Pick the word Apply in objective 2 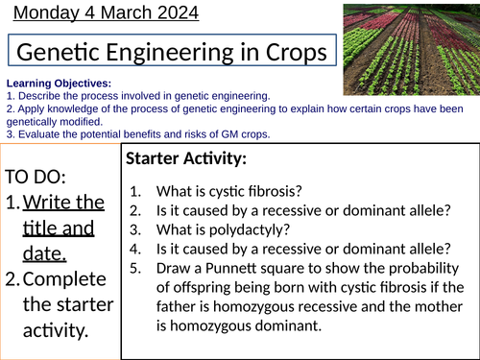point(30,108)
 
